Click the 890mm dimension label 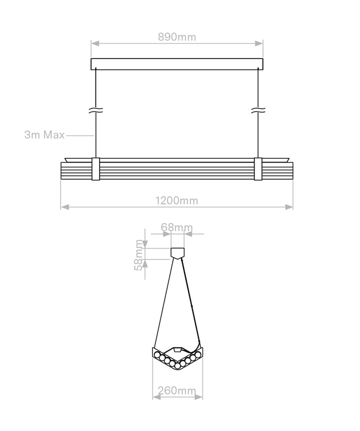pyautogui.click(x=177, y=37)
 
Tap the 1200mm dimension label pyautogui.click(x=176, y=200)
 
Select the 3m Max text pyautogui.click(x=44, y=135)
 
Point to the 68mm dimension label pyautogui.click(x=176, y=227)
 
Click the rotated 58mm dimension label pyautogui.click(x=139, y=255)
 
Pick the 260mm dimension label pyautogui.click(x=177, y=390)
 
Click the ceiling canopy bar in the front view pyautogui.click(x=177, y=64)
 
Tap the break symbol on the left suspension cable pyautogui.click(x=95, y=110)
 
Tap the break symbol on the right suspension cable pyautogui.click(x=258, y=110)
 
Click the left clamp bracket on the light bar pyautogui.click(x=95, y=169)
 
